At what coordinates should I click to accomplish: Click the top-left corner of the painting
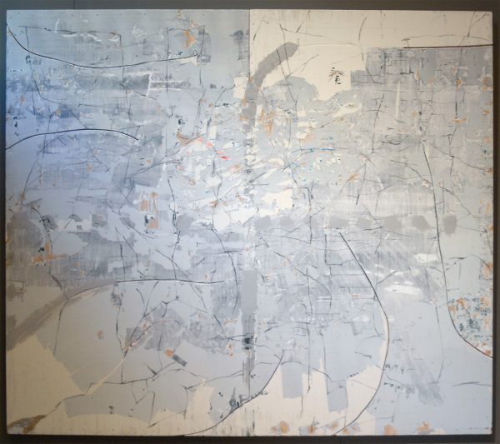(x=7, y=11)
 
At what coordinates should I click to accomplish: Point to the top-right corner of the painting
(x=492, y=11)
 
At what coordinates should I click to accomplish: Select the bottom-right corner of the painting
(x=492, y=434)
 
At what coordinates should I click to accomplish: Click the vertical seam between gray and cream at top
(x=249, y=33)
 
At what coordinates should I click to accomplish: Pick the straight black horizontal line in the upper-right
(x=433, y=47)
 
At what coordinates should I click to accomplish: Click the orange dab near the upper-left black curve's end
(x=191, y=38)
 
